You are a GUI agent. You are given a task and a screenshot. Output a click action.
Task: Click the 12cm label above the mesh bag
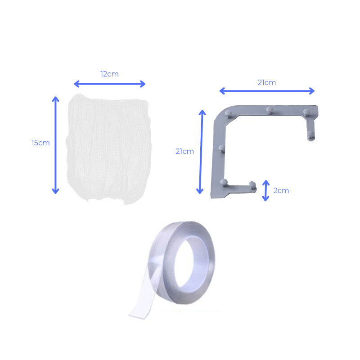click(109, 74)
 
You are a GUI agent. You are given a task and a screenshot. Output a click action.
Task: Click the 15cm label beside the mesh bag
click(40, 143)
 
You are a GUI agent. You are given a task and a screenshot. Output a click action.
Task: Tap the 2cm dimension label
click(281, 190)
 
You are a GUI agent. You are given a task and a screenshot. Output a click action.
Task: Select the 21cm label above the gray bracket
click(267, 82)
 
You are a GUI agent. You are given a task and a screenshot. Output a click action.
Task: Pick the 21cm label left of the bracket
click(184, 151)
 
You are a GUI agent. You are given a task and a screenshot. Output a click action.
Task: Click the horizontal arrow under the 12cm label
click(110, 84)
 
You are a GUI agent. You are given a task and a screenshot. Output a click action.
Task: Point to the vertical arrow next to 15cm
click(55, 145)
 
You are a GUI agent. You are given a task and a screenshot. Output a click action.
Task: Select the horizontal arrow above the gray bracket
click(267, 91)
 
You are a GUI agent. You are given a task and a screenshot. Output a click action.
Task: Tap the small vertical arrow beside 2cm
click(265, 190)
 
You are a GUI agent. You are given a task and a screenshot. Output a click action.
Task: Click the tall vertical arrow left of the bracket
click(201, 152)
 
